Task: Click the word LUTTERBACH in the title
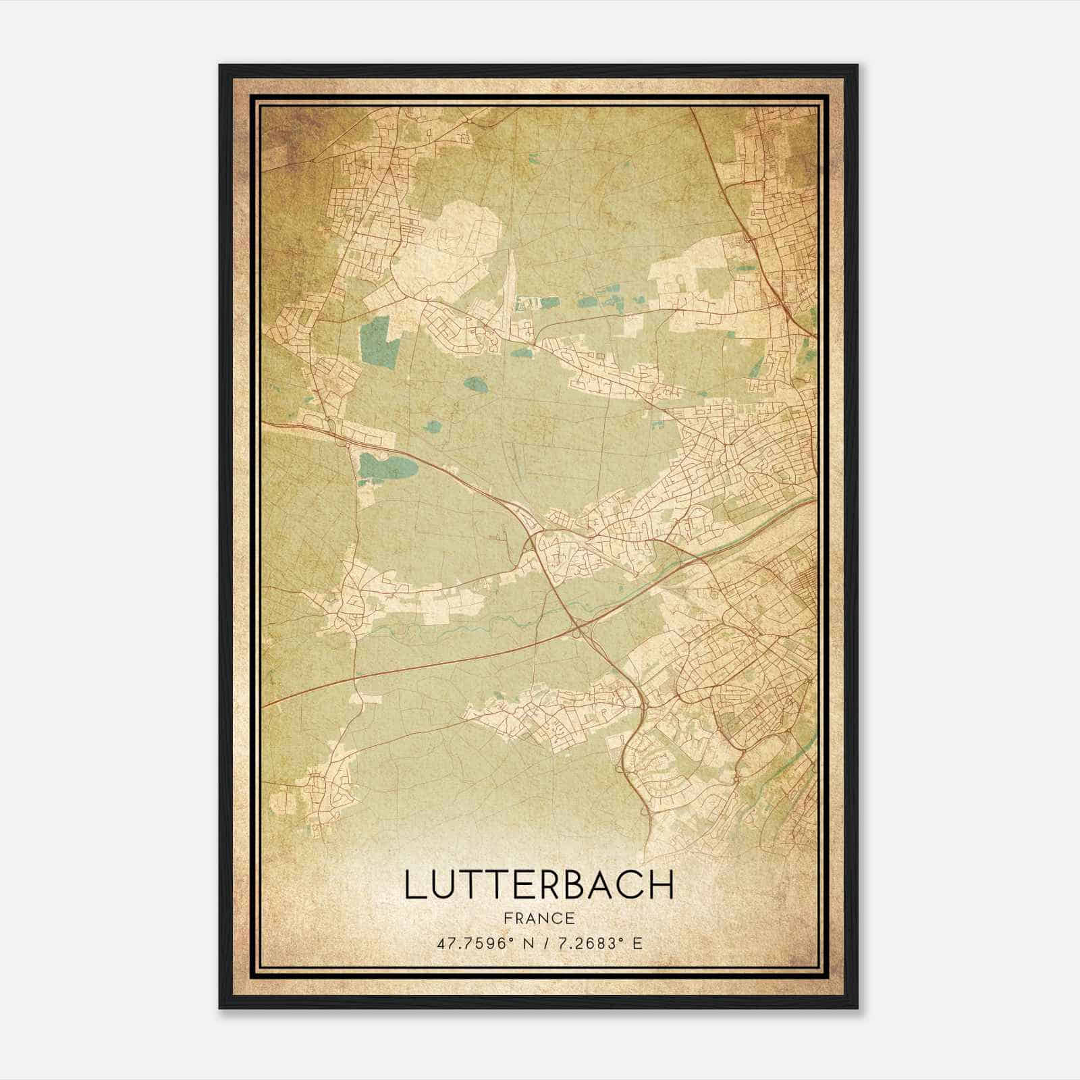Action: coord(539,885)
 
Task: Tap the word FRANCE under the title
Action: coord(539,918)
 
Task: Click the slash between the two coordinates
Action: coord(539,944)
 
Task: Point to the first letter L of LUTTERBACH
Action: coord(413,885)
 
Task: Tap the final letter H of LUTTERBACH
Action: coord(663,885)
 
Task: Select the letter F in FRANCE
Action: coord(507,918)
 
